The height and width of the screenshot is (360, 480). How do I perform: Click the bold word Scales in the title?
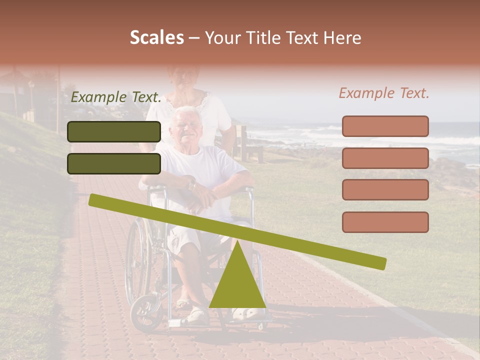coord(156,37)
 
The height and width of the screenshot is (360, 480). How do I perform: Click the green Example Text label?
coord(116,97)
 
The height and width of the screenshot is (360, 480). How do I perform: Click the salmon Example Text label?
coord(384,93)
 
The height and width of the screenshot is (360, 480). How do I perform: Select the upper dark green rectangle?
coord(114,131)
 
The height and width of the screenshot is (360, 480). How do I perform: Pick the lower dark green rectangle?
coord(114,163)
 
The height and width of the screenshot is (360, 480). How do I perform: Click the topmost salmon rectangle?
coord(385,126)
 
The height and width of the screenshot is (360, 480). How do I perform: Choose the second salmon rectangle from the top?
coord(385,158)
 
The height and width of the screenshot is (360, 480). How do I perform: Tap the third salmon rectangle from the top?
coord(385,190)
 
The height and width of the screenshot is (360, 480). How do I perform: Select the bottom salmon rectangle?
coord(385,222)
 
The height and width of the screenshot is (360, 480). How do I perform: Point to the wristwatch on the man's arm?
coord(192,184)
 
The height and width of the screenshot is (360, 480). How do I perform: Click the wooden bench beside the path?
coord(250,145)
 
